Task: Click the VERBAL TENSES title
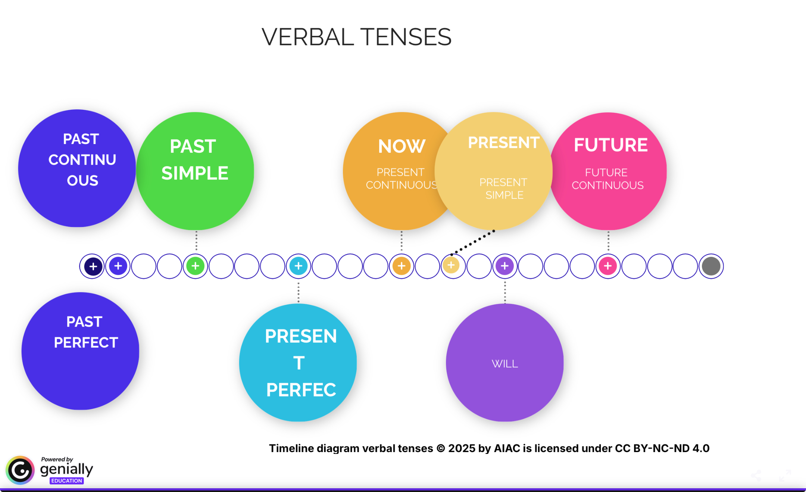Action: [x=356, y=37]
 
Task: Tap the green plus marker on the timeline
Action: [x=195, y=266]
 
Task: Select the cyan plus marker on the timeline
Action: [x=299, y=266]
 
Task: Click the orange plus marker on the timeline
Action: [x=402, y=266]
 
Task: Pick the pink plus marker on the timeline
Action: [x=608, y=266]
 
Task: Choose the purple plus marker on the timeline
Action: [x=504, y=266]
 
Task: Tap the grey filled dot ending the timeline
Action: [x=711, y=266]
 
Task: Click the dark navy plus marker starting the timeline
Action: [x=93, y=267]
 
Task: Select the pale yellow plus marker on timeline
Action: [x=452, y=265]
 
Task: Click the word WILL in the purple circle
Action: [x=504, y=364]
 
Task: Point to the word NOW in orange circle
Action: [x=402, y=146]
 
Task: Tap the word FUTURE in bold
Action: [x=610, y=145]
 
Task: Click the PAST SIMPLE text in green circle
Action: [x=194, y=160]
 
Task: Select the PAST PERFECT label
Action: [x=85, y=332]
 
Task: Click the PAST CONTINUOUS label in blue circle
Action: [x=82, y=160]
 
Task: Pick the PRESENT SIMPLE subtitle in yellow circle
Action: [x=504, y=189]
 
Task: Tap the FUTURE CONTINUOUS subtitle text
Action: [x=607, y=179]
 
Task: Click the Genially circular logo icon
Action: [x=20, y=470]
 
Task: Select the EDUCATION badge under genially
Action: [x=66, y=481]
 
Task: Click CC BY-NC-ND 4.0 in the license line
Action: [x=662, y=448]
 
